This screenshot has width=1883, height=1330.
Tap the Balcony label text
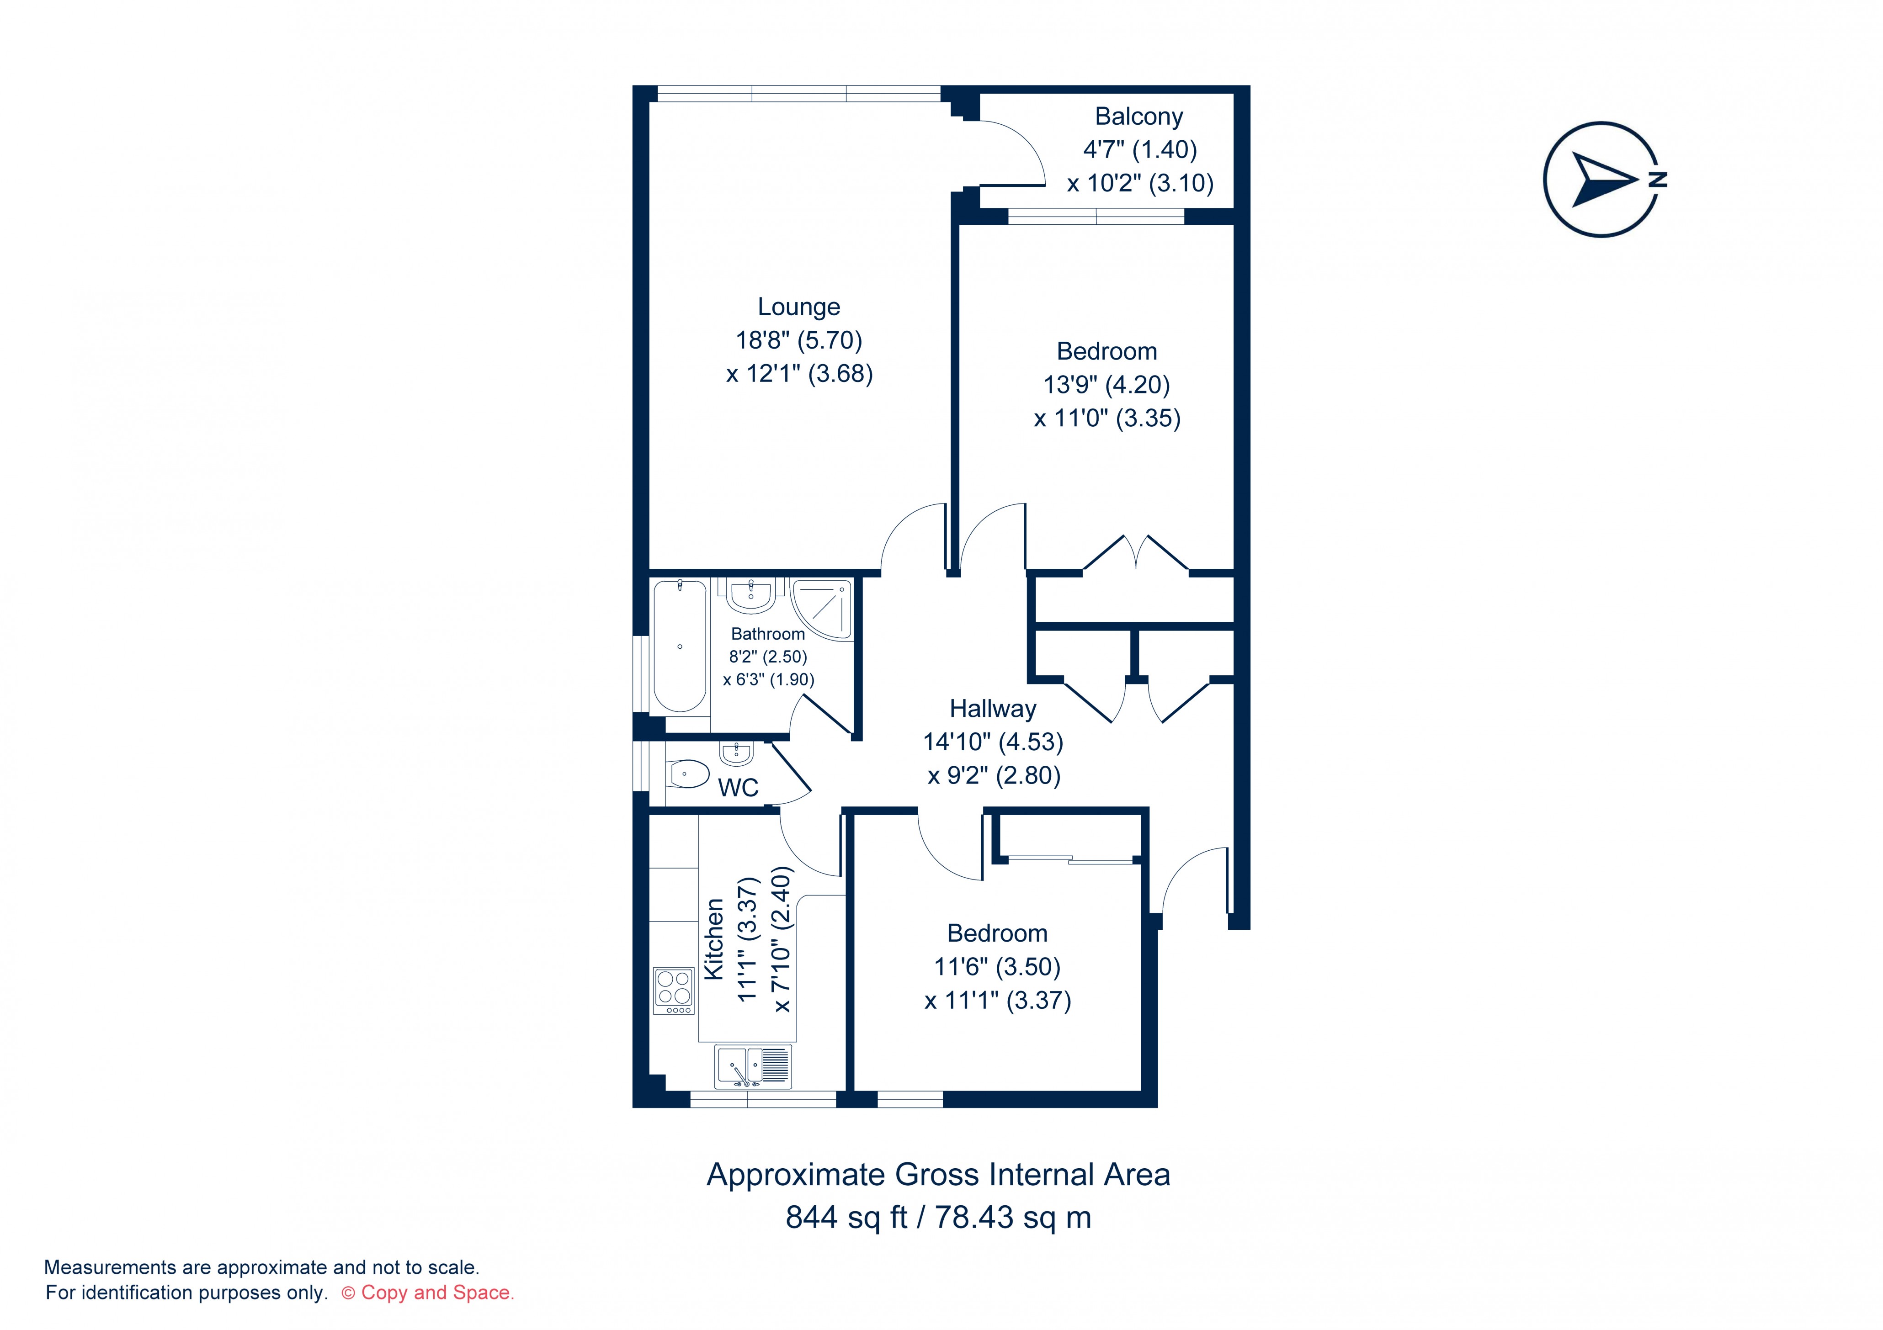pos(1138,117)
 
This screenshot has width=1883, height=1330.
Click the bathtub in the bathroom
pos(680,646)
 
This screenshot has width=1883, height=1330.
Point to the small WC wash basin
pos(736,752)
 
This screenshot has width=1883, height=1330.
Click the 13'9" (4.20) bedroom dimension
pos(1106,385)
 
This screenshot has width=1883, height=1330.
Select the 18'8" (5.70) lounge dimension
pos(799,339)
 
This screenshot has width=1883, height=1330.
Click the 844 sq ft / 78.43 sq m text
pos(938,1218)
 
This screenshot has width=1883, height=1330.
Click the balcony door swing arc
pos(1017,148)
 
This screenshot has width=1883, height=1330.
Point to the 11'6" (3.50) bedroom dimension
pos(997,967)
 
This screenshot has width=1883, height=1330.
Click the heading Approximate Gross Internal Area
pos(938,1175)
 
